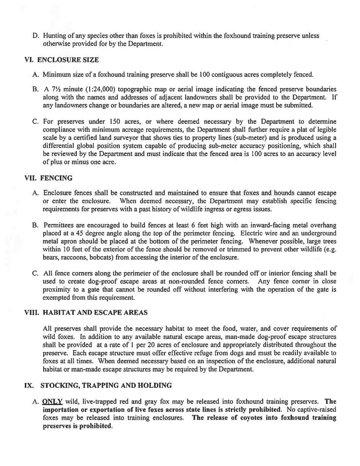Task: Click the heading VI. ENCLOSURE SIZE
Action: pyautogui.click(x=61, y=59)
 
